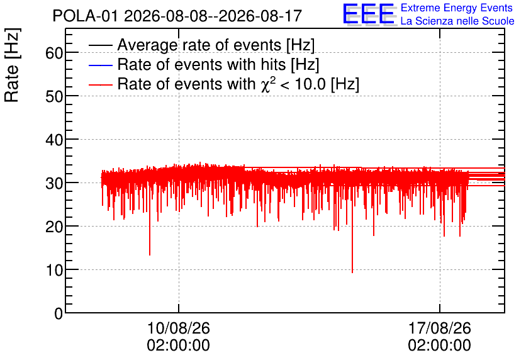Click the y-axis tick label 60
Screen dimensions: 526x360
pyautogui.click(x=54, y=53)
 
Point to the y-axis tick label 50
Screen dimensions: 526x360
pyautogui.click(x=54, y=96)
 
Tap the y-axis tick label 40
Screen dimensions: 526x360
pyautogui.click(x=54, y=140)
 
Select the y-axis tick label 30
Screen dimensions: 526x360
pyautogui.click(x=54, y=183)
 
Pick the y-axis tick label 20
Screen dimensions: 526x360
pyautogui.click(x=54, y=227)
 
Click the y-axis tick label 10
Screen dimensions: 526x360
pyautogui.click(x=54, y=270)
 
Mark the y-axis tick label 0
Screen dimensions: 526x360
pyautogui.click(x=59, y=313)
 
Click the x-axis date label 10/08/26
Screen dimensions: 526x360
pyautogui.click(x=179, y=328)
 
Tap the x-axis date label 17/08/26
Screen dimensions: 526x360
pyautogui.click(x=439, y=328)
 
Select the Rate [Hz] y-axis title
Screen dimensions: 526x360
pyautogui.click(x=12, y=65)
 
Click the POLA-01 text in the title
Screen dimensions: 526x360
pyautogui.click(x=85, y=16)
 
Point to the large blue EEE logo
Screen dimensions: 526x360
pyautogui.click(x=369, y=14)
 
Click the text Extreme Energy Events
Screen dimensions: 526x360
pyautogui.click(x=457, y=8)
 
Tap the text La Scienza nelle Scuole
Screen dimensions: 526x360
pyautogui.click(x=457, y=21)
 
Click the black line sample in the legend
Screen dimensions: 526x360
pyautogui.click(x=100, y=45)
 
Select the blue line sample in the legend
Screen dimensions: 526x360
pyautogui.click(x=100, y=65)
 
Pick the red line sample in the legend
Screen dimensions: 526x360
pyautogui.click(x=100, y=84)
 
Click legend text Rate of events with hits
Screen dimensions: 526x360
pyautogui.click(x=202, y=64)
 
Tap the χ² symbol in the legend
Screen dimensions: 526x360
pyautogui.click(x=268, y=84)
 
